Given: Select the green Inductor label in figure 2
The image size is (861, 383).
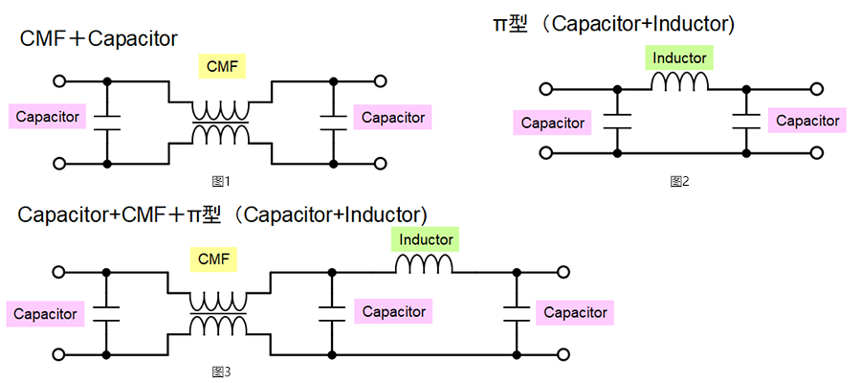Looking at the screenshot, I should [679, 58].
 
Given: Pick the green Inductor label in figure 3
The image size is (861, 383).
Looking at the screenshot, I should [426, 239].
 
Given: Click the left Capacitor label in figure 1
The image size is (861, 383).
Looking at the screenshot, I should [47, 117].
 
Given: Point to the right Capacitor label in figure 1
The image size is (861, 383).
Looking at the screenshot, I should [392, 117].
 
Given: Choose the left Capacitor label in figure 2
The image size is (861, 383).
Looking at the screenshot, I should [552, 123].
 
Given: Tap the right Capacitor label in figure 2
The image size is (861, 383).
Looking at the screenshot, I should [807, 121].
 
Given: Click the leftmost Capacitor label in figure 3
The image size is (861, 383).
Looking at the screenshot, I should [45, 313].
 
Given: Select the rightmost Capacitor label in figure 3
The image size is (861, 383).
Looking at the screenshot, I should [575, 312].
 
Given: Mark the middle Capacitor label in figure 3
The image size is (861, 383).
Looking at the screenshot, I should [393, 311].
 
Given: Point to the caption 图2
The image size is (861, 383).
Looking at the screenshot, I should [679, 180].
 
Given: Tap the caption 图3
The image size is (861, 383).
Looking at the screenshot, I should [221, 371].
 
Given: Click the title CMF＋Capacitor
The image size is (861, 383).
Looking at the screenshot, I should [99, 39].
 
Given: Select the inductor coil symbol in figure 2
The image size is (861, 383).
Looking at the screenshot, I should [679, 84].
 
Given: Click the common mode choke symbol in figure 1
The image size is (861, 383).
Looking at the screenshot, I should [221, 122].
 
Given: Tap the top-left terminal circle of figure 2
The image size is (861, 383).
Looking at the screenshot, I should [546, 89].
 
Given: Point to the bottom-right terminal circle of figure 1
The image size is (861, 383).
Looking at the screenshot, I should [380, 163].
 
